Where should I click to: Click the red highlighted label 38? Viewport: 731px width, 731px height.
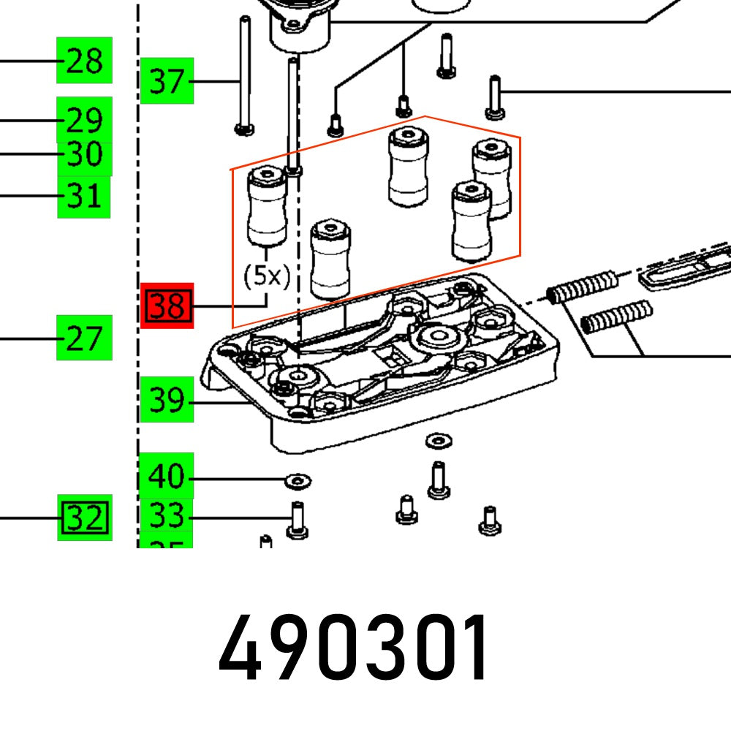point(167,306)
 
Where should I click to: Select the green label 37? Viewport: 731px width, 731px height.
point(167,80)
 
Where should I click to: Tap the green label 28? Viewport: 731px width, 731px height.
point(84,61)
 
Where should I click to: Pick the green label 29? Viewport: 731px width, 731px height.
point(84,119)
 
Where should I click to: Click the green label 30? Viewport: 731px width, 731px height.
point(84,154)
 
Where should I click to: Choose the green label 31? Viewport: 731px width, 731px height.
point(84,196)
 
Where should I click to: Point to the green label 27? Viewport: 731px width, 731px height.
point(84,338)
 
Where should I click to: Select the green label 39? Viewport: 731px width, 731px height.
point(167,401)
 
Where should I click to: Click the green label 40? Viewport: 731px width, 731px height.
point(167,477)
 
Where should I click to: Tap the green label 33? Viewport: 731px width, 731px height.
point(167,516)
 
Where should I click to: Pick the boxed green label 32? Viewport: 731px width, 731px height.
point(85,518)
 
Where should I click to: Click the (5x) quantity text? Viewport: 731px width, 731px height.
point(267,276)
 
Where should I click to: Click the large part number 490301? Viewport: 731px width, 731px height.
point(355,649)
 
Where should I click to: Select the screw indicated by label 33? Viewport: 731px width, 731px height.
point(297,520)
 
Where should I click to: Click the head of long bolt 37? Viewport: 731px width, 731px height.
point(245,129)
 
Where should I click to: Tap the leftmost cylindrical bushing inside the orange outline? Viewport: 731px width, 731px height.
point(267,206)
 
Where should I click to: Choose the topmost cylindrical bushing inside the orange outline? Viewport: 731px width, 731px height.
point(408,166)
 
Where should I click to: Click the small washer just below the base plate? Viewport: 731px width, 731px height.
point(438,441)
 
